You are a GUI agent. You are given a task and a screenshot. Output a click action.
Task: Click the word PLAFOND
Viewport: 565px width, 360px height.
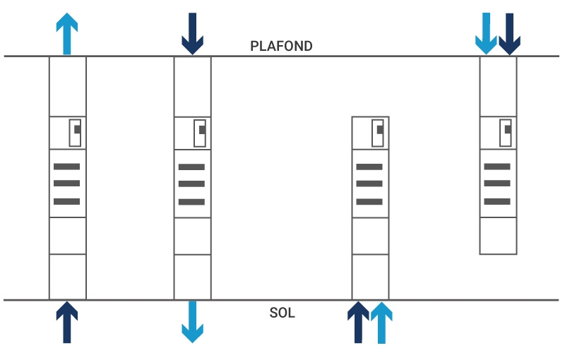tap(281, 46)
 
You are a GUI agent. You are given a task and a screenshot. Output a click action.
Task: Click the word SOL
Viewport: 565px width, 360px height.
tap(282, 313)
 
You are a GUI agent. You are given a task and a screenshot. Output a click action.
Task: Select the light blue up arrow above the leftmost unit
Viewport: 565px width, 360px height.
tap(67, 32)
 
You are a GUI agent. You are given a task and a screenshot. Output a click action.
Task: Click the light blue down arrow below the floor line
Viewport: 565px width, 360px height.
tap(192, 322)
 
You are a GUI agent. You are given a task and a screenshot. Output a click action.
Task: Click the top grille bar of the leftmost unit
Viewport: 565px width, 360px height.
tap(67, 167)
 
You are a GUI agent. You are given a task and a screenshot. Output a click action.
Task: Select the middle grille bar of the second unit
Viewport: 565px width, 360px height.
tap(191, 184)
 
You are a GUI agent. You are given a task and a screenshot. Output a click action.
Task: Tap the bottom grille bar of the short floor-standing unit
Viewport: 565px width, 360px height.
tap(369, 202)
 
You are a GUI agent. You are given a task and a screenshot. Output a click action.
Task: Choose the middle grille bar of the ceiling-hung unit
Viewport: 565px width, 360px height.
tap(497, 184)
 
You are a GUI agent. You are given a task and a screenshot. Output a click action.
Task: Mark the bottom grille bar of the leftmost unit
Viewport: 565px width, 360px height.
tap(67, 201)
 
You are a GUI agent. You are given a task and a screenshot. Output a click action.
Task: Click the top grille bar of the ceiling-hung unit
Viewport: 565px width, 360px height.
tap(497, 166)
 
